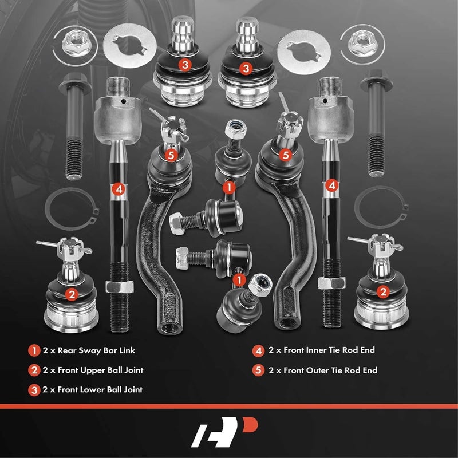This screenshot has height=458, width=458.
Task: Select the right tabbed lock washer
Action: click(x=304, y=49)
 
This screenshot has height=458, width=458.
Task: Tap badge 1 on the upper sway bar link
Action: click(x=229, y=186)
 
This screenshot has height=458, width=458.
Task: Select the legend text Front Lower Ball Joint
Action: click(x=93, y=389)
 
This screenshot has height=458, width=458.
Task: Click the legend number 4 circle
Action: click(x=258, y=350)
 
